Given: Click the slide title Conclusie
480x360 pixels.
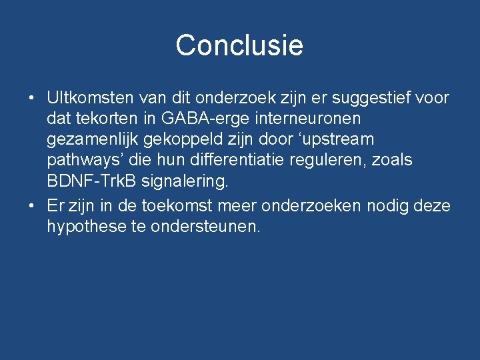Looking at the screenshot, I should (x=239, y=45).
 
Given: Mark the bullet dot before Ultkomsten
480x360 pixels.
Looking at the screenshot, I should (x=32, y=99).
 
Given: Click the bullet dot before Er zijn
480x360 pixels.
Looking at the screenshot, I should (x=32, y=207).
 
